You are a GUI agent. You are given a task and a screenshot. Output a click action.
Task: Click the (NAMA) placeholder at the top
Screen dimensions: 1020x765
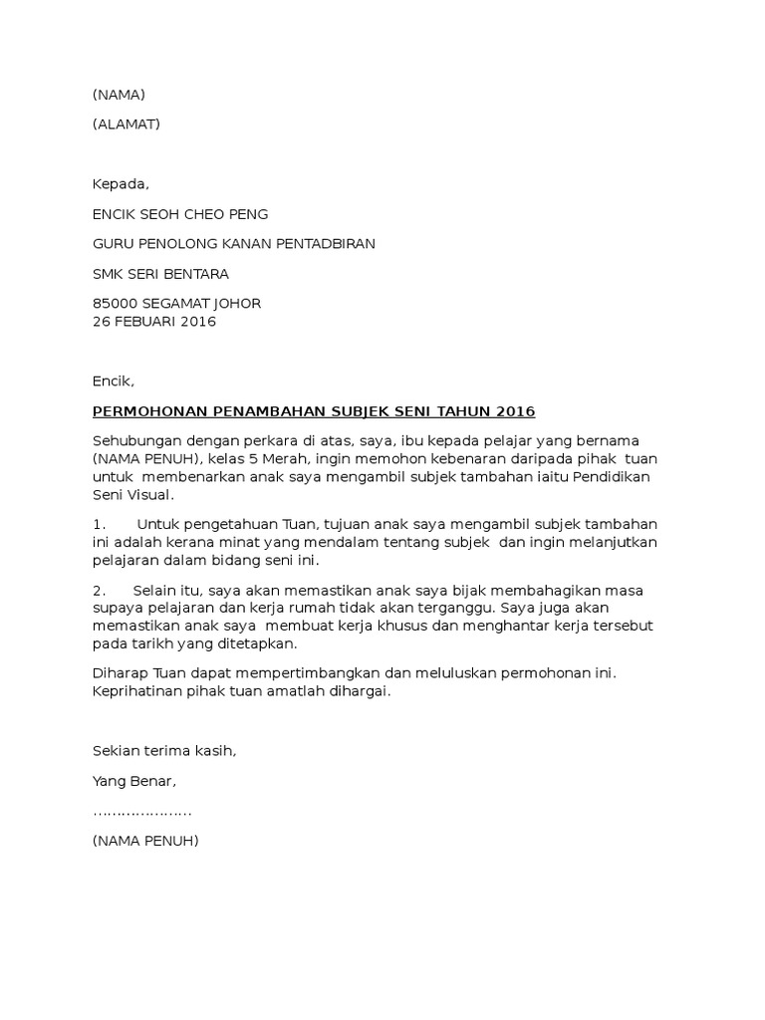click(x=119, y=95)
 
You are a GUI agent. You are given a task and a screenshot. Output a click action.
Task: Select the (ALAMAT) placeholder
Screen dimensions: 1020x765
click(x=126, y=124)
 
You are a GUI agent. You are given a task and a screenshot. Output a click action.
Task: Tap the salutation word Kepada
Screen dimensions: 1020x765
click(x=120, y=184)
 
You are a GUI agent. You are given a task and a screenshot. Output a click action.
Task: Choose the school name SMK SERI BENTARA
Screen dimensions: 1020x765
click(x=160, y=274)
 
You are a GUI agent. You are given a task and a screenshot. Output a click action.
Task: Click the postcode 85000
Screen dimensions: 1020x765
click(x=115, y=304)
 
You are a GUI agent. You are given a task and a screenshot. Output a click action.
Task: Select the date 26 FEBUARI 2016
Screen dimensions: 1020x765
click(x=154, y=322)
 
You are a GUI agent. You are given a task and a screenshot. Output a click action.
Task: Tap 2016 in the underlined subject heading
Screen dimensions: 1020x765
click(x=514, y=411)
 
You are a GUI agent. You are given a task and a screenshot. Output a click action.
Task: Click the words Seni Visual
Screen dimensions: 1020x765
click(x=132, y=494)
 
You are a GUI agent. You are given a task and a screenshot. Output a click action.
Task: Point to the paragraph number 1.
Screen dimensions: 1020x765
click(x=98, y=524)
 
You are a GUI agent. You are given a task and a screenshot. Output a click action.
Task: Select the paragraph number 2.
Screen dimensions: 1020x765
click(x=98, y=590)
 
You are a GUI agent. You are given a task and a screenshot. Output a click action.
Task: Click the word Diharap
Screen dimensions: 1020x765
click(x=118, y=673)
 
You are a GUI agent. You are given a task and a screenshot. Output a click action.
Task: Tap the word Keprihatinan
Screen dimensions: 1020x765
click(x=137, y=691)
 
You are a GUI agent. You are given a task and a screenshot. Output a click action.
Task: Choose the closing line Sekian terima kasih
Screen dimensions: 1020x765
click(x=165, y=751)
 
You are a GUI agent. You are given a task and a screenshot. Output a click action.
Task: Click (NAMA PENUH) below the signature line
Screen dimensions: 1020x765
click(x=145, y=841)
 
